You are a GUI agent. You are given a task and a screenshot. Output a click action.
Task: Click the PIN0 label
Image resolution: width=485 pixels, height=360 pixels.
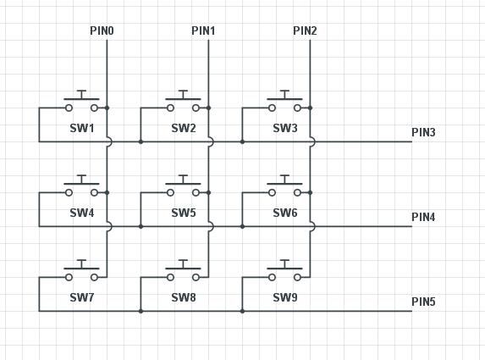(x=102, y=31)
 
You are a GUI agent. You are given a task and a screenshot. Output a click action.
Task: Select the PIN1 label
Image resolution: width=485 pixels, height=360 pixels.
(x=203, y=31)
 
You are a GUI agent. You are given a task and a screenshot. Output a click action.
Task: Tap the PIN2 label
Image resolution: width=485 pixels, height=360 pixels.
(x=305, y=31)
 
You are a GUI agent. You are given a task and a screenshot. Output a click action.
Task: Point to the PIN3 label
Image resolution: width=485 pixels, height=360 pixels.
(x=423, y=132)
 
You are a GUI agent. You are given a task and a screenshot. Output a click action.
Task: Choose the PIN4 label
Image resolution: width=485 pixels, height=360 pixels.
(x=423, y=217)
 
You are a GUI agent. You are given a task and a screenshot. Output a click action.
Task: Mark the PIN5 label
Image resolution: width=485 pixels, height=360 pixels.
(x=423, y=302)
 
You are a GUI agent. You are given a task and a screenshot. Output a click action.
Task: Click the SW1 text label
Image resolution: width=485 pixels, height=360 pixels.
(x=82, y=129)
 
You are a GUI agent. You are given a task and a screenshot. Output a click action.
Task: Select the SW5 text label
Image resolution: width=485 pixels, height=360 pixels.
(x=184, y=213)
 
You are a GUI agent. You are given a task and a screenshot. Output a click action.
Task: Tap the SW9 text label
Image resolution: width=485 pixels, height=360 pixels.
(x=285, y=298)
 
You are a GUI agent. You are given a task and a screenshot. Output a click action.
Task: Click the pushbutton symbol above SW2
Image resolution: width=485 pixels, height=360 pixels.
(x=183, y=102)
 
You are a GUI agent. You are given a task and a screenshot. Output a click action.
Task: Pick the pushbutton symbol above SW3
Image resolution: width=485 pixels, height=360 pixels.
(x=284, y=102)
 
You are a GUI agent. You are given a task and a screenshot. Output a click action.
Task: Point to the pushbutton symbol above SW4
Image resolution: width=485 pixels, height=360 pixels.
(x=81, y=187)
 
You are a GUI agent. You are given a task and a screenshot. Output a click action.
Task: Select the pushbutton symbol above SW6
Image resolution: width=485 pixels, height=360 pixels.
(x=284, y=187)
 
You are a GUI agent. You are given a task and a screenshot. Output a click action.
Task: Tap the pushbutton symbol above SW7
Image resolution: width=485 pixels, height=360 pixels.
(x=81, y=272)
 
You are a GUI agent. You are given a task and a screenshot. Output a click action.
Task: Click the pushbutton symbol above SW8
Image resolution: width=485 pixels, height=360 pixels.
(x=183, y=272)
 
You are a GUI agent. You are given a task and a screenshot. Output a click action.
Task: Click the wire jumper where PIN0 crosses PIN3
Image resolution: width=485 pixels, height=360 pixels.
(x=107, y=141)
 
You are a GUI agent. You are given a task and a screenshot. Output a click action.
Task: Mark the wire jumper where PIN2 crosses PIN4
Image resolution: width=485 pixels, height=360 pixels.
(x=311, y=226)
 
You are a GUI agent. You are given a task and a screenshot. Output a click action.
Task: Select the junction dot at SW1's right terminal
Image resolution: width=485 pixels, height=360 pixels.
(x=107, y=108)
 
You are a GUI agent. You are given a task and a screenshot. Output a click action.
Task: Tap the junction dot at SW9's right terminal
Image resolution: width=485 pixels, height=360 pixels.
(x=310, y=277)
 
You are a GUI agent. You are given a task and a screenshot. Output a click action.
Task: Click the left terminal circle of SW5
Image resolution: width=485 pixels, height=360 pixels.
(x=170, y=192)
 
